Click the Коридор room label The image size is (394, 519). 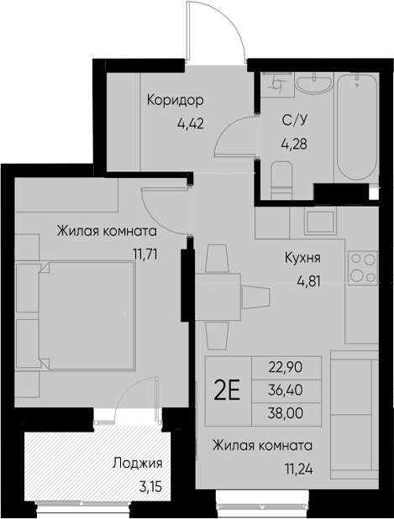175,101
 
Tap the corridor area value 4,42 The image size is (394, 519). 191,123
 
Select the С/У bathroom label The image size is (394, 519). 294,120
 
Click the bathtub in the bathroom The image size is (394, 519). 356,127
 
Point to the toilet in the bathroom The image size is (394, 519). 281,180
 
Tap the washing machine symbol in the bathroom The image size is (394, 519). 276,85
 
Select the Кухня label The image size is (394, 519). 302,258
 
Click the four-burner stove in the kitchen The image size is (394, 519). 363,268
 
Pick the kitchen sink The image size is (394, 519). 320,222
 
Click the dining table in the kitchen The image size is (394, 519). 218,297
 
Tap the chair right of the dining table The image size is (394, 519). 255,297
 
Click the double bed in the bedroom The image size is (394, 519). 87,316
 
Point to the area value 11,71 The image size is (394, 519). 145,254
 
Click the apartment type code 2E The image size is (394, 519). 227,391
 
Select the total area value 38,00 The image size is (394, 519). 286,413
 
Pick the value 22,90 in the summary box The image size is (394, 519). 286,367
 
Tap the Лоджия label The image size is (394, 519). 138,464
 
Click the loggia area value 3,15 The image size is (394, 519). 150,486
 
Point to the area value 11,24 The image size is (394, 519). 299,469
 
